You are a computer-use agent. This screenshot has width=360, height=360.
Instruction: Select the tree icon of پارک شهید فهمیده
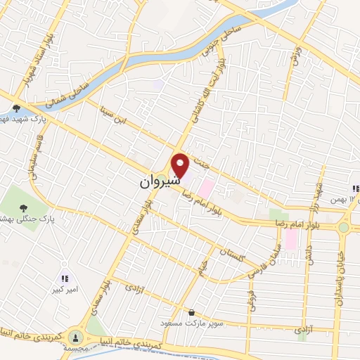point(16,108)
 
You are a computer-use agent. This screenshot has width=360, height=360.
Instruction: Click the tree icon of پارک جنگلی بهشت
point(25,208)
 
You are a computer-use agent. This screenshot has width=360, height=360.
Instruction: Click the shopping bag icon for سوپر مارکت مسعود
point(191,312)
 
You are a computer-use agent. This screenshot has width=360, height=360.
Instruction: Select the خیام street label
point(207,266)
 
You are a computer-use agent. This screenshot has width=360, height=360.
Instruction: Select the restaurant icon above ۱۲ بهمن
point(355,188)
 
